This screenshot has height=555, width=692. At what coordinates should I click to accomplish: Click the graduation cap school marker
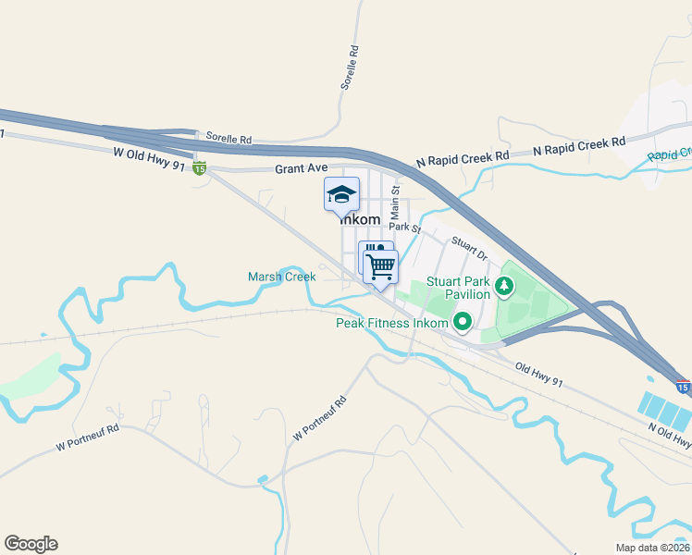coord(341,194)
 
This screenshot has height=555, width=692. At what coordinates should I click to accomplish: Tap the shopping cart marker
coord(381,266)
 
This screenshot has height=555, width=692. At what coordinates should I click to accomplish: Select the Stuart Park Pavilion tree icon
coord(503,286)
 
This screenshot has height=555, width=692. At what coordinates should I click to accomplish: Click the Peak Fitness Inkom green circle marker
coord(461,322)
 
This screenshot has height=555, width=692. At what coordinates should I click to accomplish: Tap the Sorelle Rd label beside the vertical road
coord(349,67)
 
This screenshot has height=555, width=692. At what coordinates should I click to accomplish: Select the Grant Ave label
coord(302,168)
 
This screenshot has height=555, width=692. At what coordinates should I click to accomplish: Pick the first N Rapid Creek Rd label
coord(463,159)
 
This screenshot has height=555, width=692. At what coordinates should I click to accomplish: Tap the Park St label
coord(404,227)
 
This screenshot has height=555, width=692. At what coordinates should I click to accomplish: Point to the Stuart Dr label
coord(468,248)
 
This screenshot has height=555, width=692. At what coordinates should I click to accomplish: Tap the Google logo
coord(31,544)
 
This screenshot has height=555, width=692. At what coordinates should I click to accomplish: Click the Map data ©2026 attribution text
coord(651,548)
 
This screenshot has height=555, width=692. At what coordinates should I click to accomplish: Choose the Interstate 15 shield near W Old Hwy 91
coord(199,167)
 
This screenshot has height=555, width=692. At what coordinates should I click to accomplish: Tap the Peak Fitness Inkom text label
coord(392,323)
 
